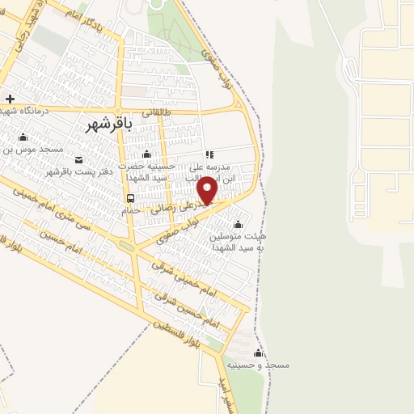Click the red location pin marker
[208, 189]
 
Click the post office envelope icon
[78, 159]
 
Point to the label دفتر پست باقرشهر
[78, 171]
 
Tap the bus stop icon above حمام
[130, 198]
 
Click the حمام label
[130, 209]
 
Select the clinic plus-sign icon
[9, 99]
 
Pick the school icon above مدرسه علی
[209, 154]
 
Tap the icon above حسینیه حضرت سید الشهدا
[146, 154]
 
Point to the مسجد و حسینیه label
[259, 365]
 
